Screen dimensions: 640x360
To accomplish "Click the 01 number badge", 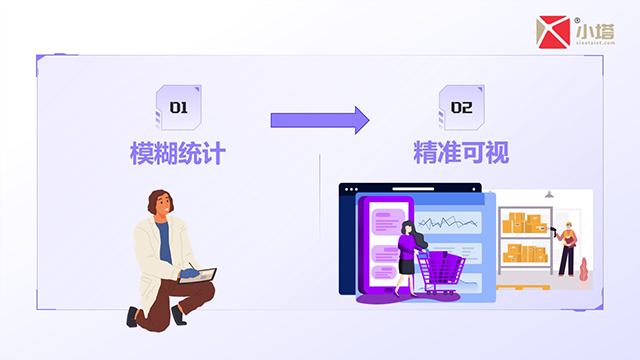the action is (x=178, y=105).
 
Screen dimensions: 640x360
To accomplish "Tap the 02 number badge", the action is (x=461, y=105).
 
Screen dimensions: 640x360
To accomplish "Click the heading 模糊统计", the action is (x=178, y=153).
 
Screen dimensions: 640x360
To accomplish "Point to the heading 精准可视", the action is (x=461, y=153).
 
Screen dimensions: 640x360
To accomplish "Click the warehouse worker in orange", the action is (x=567, y=245).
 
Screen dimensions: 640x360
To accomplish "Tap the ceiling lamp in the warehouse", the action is (x=548, y=195).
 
